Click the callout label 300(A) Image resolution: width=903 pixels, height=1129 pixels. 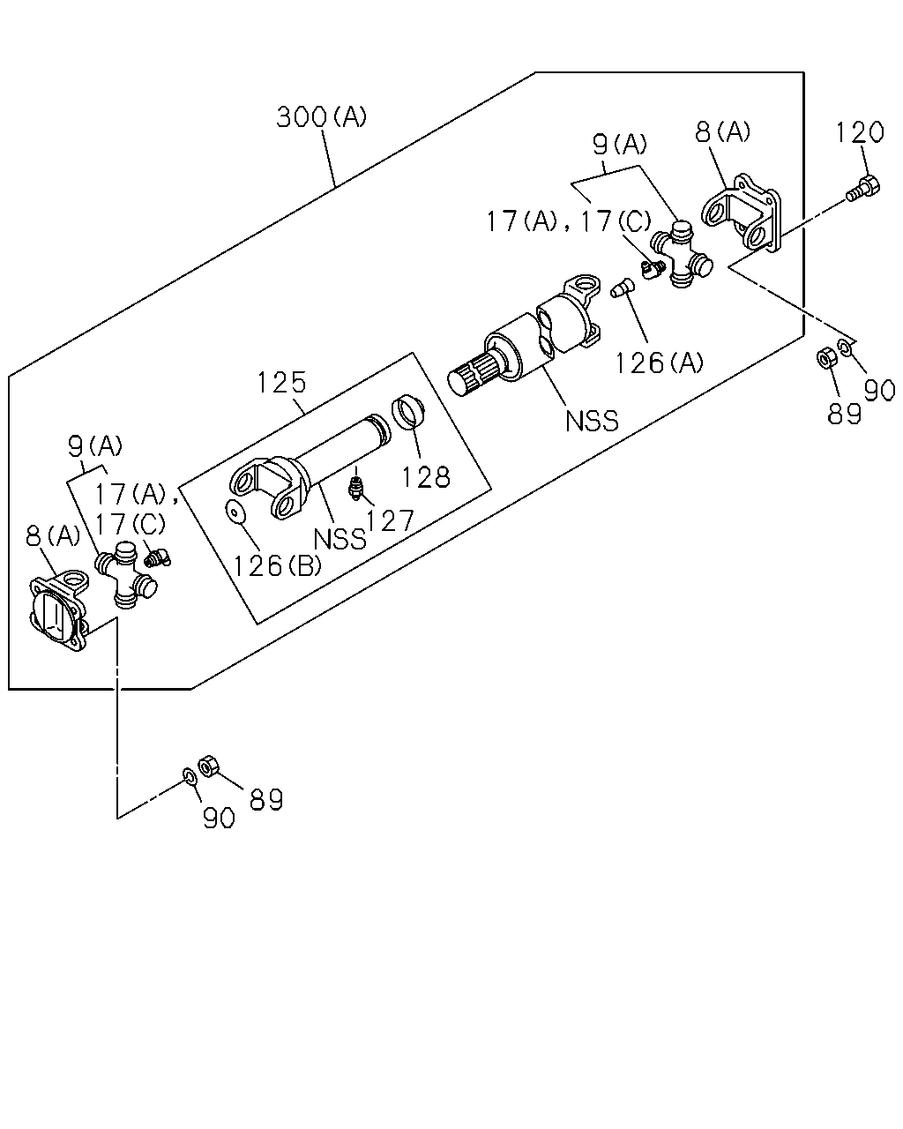pyautogui.click(x=321, y=116)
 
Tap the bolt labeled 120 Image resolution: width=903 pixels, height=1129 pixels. pyautogui.click(x=863, y=190)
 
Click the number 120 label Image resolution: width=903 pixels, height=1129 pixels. pyautogui.click(x=860, y=132)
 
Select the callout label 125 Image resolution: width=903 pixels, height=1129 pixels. pyautogui.click(x=281, y=383)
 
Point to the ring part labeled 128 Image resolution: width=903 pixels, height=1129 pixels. pyautogui.click(x=408, y=411)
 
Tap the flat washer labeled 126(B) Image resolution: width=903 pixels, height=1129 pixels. pyautogui.click(x=235, y=512)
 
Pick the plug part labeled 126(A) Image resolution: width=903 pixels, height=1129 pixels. pyautogui.click(x=623, y=288)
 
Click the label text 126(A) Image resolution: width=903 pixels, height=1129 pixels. pyautogui.click(x=659, y=363)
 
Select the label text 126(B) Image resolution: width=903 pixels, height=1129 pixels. pyautogui.click(x=277, y=565)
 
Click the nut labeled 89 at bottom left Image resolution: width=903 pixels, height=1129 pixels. pyautogui.click(x=208, y=766)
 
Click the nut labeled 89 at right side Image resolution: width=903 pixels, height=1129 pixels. pyautogui.click(x=826, y=358)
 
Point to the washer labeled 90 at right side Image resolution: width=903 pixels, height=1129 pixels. pyautogui.click(x=845, y=347)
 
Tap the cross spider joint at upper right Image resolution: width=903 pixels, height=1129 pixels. pyautogui.click(x=682, y=254)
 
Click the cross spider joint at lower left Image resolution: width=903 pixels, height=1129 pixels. pyautogui.click(x=126, y=575)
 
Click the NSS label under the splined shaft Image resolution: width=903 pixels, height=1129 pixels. pyautogui.click(x=592, y=421)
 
